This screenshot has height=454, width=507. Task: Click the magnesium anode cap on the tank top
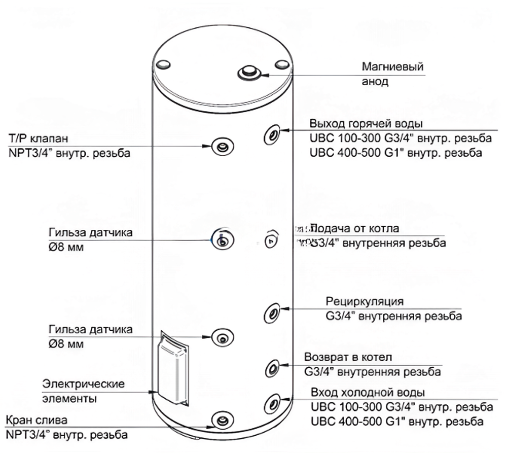click(247, 72)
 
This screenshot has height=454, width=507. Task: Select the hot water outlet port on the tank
click(271, 135)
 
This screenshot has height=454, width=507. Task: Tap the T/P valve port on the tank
click(223, 147)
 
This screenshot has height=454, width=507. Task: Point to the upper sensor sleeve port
click(222, 240)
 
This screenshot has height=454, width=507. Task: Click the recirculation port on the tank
click(272, 312)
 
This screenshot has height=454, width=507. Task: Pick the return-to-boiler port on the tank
click(272, 367)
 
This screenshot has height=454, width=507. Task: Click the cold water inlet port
click(272, 404)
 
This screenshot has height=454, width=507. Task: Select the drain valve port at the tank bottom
click(222, 420)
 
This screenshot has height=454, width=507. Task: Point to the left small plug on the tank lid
click(163, 64)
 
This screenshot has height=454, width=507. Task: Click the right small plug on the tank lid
click(281, 64)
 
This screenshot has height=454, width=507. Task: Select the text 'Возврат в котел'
click(348, 358)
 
